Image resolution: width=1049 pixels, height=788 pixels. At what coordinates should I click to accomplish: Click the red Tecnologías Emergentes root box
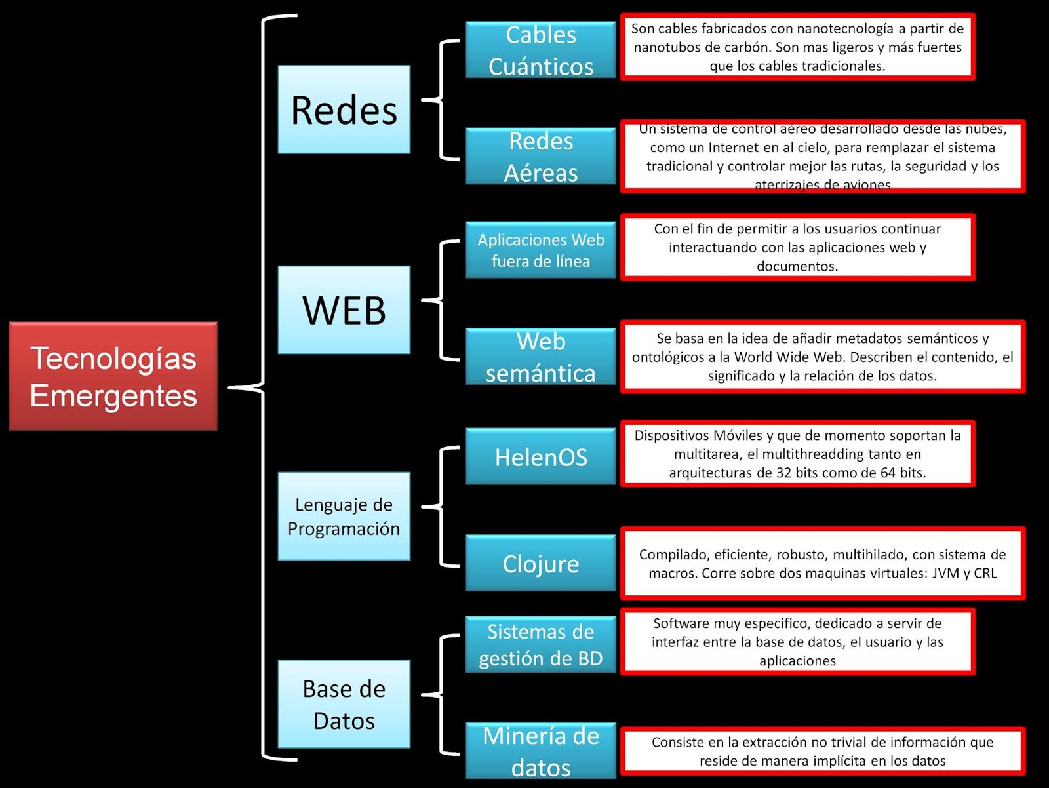point(113,376)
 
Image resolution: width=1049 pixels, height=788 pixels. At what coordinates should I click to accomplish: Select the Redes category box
point(344,109)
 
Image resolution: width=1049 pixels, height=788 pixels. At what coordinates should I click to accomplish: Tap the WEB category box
point(344,309)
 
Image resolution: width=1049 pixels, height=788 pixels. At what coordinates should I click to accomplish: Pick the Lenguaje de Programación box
point(344,516)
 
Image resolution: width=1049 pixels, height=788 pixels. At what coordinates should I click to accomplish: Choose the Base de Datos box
point(344,704)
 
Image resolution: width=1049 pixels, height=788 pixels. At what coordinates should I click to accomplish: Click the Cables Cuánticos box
point(540,50)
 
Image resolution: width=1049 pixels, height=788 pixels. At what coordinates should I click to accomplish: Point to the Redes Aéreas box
point(540,156)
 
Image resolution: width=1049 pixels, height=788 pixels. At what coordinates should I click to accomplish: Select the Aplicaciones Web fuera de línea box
point(540,250)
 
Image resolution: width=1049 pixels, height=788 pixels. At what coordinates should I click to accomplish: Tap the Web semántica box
point(540,357)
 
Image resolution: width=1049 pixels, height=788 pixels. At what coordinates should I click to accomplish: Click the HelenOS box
point(540,456)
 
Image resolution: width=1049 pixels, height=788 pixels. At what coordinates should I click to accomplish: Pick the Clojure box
point(540,563)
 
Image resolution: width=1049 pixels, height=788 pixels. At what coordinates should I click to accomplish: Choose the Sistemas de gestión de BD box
point(540,644)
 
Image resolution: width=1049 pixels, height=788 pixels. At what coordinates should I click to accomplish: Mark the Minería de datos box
point(540,751)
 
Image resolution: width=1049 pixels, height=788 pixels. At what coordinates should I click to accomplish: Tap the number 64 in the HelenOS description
point(887,473)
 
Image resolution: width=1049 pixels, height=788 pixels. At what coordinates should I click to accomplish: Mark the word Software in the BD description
point(681,623)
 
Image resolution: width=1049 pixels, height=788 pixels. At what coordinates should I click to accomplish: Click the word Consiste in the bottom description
point(678,742)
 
